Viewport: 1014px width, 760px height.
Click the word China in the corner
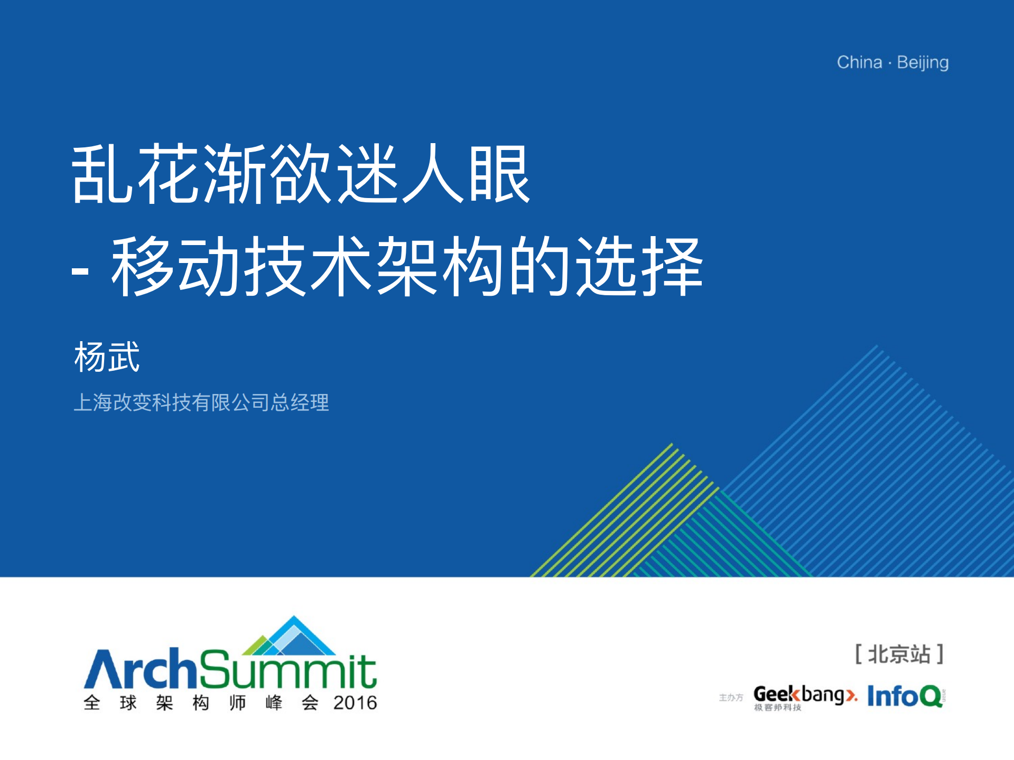(x=859, y=62)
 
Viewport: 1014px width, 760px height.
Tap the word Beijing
(x=923, y=63)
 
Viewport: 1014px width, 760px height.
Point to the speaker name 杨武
(x=107, y=357)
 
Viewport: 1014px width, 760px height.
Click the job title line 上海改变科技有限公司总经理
(x=201, y=402)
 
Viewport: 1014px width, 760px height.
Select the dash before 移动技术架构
(x=80, y=271)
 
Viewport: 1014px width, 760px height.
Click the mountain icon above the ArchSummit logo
(x=290, y=636)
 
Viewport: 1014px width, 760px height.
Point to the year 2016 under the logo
(x=355, y=703)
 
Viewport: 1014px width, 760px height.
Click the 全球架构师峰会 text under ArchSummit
(x=201, y=703)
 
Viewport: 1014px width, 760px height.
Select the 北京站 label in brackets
(x=899, y=654)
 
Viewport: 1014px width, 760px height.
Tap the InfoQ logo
(x=905, y=696)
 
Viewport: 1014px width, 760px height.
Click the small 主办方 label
(x=731, y=698)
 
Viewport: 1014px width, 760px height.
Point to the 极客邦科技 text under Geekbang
(x=777, y=708)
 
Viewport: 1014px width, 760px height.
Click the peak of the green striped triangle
(x=672, y=444)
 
